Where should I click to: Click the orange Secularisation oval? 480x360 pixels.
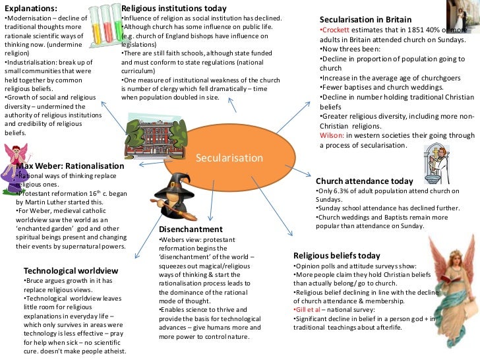pyautogui.click(x=229, y=158)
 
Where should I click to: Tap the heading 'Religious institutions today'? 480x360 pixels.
pyautogui.click(x=175, y=7)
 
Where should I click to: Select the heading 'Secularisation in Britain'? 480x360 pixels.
pyautogui.click(x=365, y=20)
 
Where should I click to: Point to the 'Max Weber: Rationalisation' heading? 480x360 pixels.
pyautogui.click(x=70, y=165)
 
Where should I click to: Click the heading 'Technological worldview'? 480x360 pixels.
pyautogui.click(x=71, y=270)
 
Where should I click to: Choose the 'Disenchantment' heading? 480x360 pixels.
pyautogui.click(x=191, y=229)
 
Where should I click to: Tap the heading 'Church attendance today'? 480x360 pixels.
pyautogui.click(x=364, y=181)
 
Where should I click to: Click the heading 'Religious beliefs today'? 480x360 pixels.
pyautogui.click(x=336, y=255)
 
